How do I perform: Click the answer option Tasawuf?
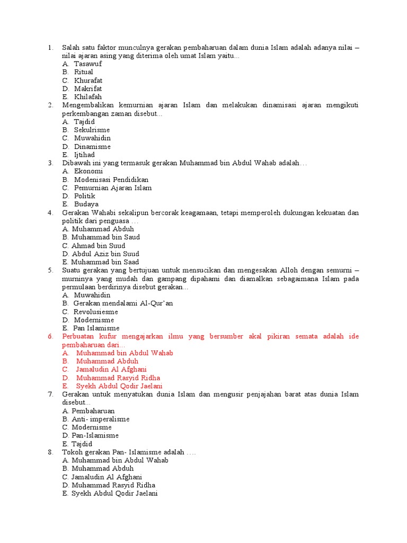click(87, 64)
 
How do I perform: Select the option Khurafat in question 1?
click(88, 80)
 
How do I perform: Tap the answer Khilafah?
click(88, 97)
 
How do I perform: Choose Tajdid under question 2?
click(84, 121)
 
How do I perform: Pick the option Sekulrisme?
click(92, 130)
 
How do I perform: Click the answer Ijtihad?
click(84, 155)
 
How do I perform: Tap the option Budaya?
click(86, 204)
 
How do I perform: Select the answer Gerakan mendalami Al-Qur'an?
click(123, 303)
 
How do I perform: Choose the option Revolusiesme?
click(95, 312)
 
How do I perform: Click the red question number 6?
click(50, 337)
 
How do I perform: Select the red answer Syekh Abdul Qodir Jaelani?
click(119, 386)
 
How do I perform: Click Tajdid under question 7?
click(82, 444)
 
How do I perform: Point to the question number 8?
click(50, 452)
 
